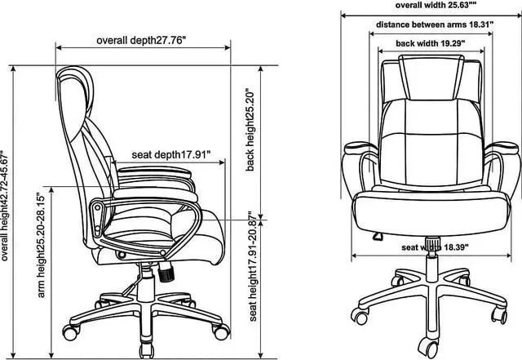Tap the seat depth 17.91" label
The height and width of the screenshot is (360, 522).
tap(171, 153)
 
